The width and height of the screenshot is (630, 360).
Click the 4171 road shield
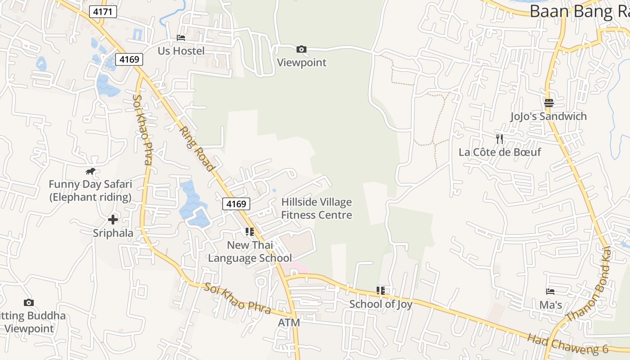pos(103,12)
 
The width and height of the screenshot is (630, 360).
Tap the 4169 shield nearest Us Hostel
pos(129,59)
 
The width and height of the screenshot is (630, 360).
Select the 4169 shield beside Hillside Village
pos(236,204)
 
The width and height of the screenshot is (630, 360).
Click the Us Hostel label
pos(181,51)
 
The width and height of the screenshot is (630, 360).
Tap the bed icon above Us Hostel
pos(181,38)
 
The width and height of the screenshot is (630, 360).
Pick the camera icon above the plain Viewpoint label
pos(301,49)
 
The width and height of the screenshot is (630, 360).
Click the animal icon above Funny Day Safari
pos(90,171)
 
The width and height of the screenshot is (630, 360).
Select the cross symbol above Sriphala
pos(113,220)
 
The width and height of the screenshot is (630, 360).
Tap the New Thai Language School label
pos(250,252)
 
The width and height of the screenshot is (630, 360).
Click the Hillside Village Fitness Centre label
pos(316,208)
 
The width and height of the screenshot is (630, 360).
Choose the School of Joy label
pos(381,304)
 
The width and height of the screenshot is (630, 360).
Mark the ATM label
pos(289,323)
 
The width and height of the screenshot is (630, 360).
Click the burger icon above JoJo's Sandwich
pos(549,103)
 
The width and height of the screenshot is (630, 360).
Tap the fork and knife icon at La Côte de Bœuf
pos(499,139)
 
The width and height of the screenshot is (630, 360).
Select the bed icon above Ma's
pos(550,292)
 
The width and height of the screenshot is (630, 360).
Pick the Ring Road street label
pos(197,149)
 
